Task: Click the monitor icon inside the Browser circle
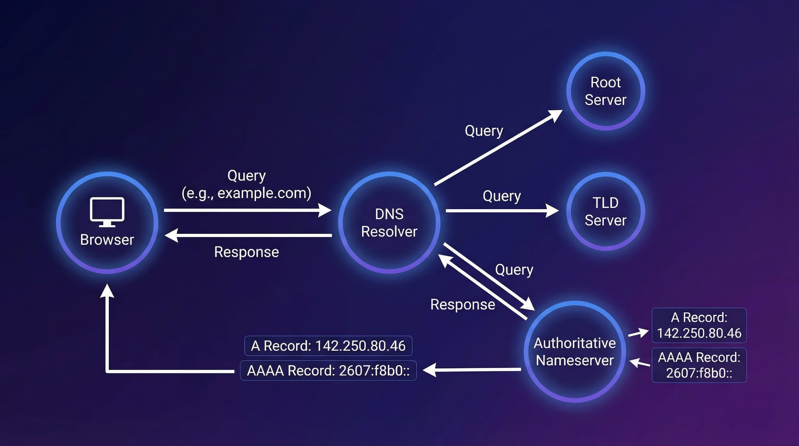click(107, 211)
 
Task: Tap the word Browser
click(107, 240)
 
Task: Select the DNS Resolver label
click(389, 223)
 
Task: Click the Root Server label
click(605, 91)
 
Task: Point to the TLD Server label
click(605, 211)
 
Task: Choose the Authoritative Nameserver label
click(575, 352)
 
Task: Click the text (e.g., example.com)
click(246, 193)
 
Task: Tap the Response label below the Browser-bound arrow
click(246, 252)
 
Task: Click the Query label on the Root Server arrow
click(484, 131)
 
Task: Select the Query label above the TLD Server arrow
click(502, 196)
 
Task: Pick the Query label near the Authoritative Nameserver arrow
click(514, 270)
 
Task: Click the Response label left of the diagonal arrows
click(462, 304)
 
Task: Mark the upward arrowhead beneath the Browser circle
click(107, 291)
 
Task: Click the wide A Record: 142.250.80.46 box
click(328, 346)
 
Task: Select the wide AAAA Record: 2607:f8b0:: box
click(328, 370)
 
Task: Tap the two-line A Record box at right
click(699, 325)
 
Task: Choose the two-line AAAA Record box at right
click(699, 365)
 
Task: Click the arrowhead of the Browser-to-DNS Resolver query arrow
click(325, 210)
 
